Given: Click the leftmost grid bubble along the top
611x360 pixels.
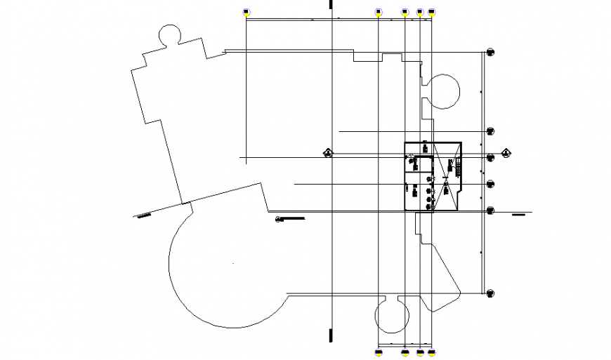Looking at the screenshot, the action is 245,12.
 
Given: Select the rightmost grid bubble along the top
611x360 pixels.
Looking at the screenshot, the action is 431,12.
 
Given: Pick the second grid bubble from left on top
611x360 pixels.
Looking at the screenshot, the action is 379,12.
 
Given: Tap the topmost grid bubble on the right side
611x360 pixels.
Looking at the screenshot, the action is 491,52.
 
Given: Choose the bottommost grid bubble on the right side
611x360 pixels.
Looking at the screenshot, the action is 491,293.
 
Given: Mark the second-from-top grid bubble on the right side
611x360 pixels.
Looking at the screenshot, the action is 491,131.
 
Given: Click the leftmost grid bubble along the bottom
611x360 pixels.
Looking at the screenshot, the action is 379,352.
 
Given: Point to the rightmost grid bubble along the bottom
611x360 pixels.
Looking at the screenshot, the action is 431,352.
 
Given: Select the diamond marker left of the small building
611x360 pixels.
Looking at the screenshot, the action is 328,152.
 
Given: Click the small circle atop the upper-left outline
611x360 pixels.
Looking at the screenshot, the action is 171,33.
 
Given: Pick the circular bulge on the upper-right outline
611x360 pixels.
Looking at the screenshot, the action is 443,92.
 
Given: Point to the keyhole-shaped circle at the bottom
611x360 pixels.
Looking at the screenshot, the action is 392,316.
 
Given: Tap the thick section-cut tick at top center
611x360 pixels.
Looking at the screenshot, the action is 331,4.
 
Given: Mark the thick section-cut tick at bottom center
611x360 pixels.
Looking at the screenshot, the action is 331,337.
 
